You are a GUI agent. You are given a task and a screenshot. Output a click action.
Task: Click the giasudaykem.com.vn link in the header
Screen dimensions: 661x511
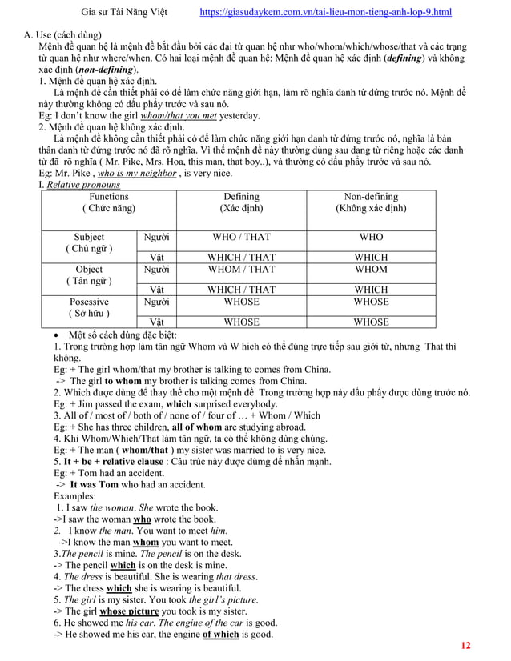click(x=324, y=13)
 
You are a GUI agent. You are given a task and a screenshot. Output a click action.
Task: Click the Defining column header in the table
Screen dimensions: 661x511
click(x=241, y=202)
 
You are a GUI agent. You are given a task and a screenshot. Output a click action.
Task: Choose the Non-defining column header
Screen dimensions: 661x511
click(x=371, y=202)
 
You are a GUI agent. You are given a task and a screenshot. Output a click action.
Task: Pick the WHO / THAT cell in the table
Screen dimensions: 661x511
click(x=241, y=238)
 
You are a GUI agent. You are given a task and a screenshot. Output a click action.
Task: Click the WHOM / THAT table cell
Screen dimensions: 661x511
click(x=241, y=270)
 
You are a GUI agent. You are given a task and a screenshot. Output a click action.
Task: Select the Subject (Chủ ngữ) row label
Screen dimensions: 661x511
click(x=89, y=243)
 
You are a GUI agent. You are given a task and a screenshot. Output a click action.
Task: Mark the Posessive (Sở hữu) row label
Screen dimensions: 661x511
click(x=89, y=307)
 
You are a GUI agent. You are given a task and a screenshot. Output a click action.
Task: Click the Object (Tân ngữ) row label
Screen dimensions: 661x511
click(x=89, y=275)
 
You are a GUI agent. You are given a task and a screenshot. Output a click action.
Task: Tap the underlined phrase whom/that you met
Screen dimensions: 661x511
click(x=184, y=115)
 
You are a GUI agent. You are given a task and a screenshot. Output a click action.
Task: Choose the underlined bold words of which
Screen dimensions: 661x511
click(x=220, y=635)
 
